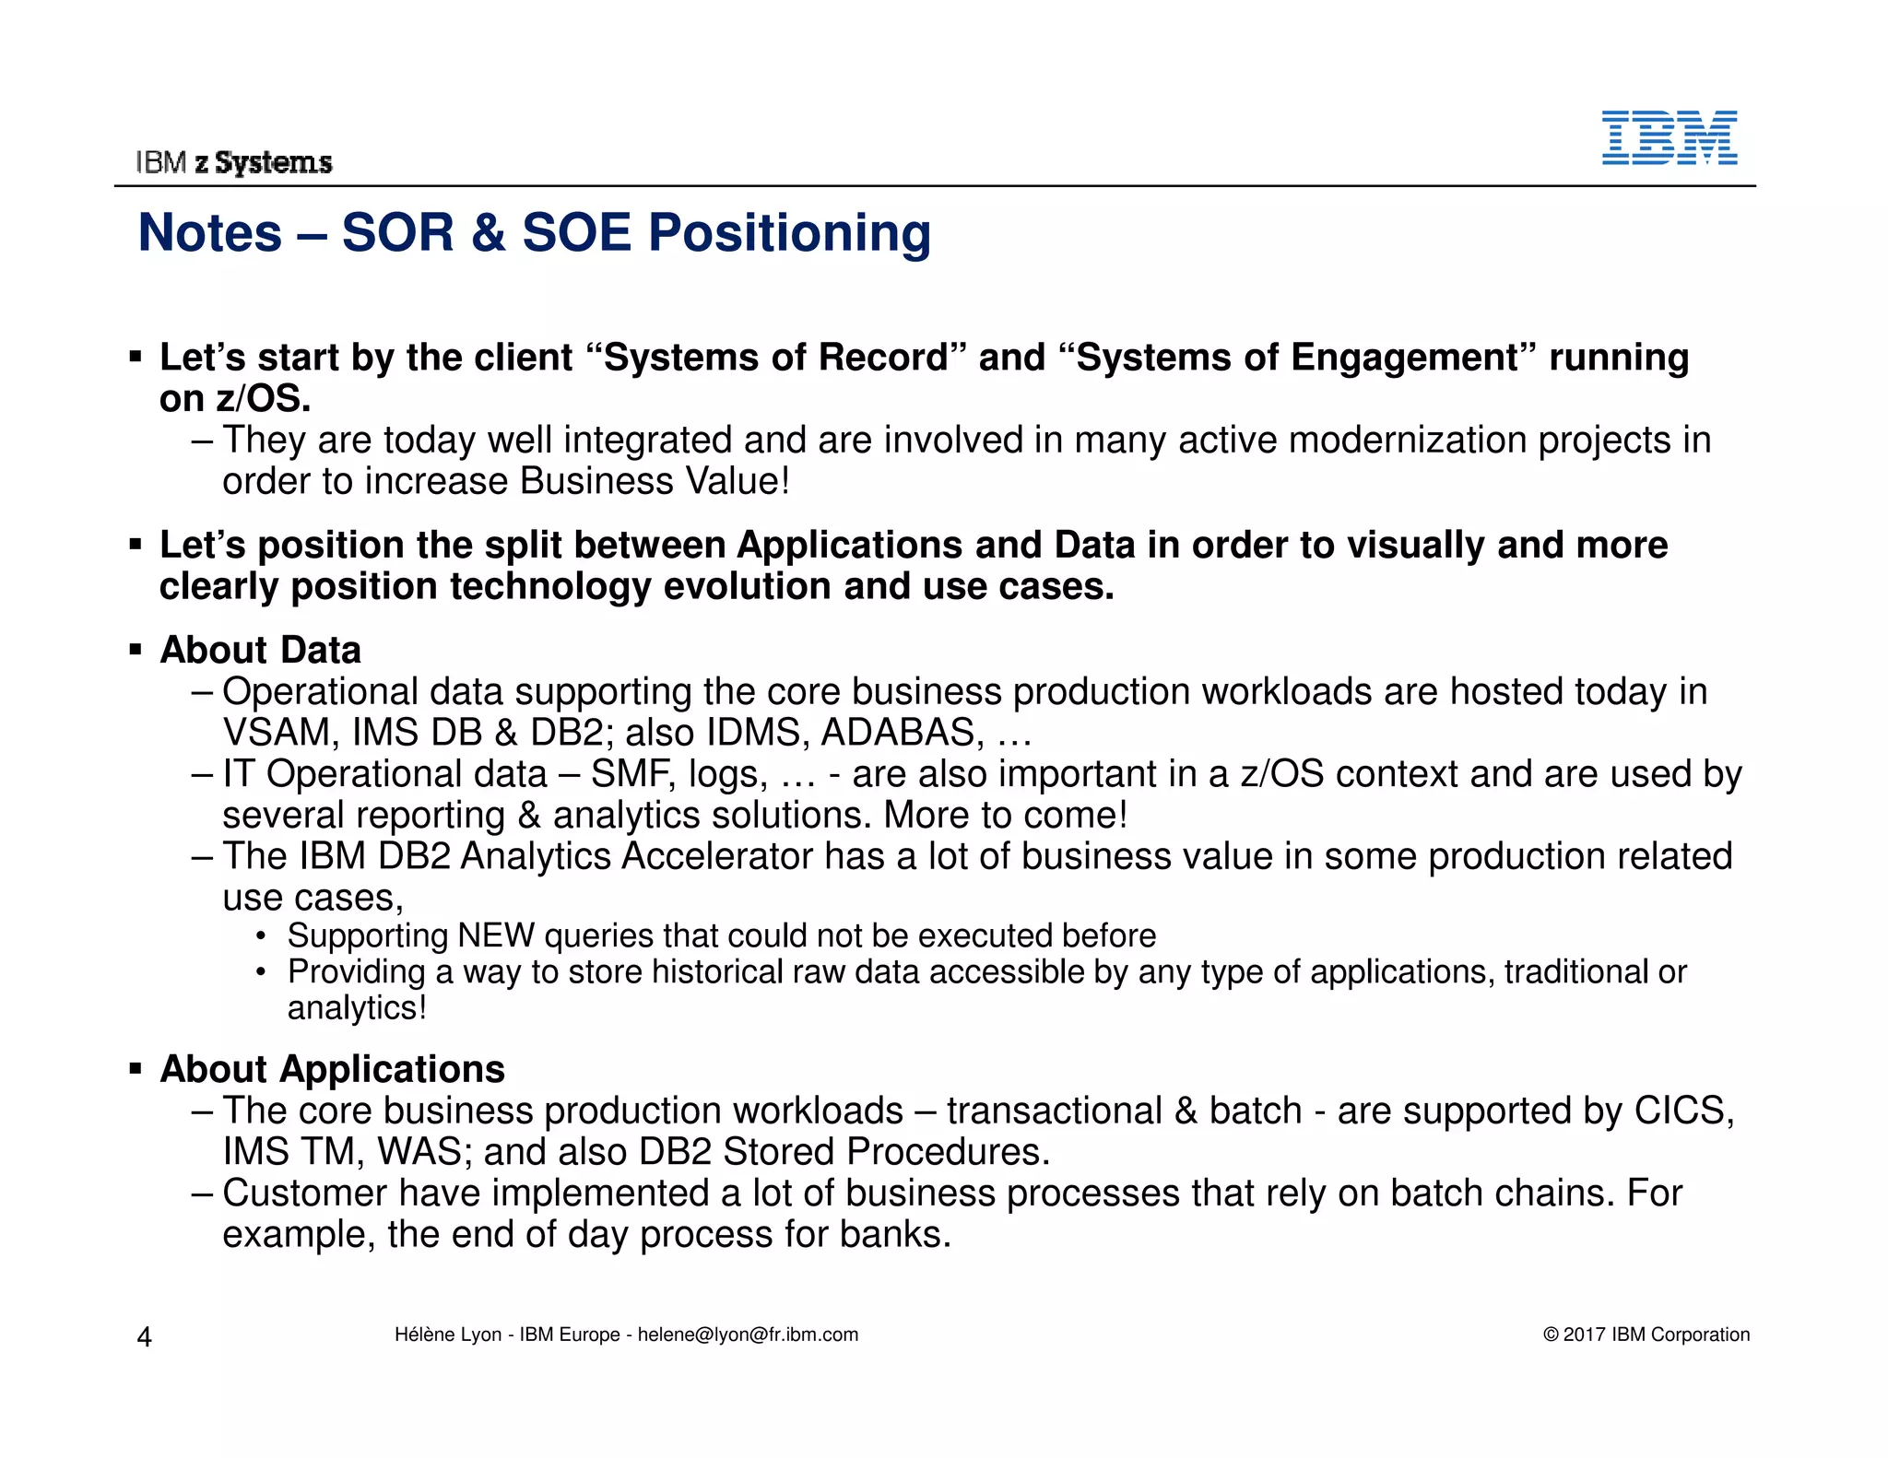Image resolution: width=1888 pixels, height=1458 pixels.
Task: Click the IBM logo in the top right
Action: point(1669,138)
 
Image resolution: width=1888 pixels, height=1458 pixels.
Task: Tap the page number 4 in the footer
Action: point(144,1336)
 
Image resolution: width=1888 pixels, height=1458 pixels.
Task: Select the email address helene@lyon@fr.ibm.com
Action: point(748,1335)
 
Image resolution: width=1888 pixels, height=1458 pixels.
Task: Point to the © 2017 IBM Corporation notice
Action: point(1646,1335)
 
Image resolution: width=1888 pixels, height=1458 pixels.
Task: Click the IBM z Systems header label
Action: point(234,162)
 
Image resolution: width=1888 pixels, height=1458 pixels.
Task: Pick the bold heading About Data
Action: point(260,650)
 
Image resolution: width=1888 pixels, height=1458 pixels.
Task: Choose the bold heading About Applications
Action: point(332,1069)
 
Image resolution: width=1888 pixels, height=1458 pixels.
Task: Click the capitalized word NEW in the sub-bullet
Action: point(495,935)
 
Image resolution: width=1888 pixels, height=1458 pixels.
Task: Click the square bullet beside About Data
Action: point(136,651)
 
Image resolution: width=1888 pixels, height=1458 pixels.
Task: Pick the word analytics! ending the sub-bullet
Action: point(357,1008)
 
